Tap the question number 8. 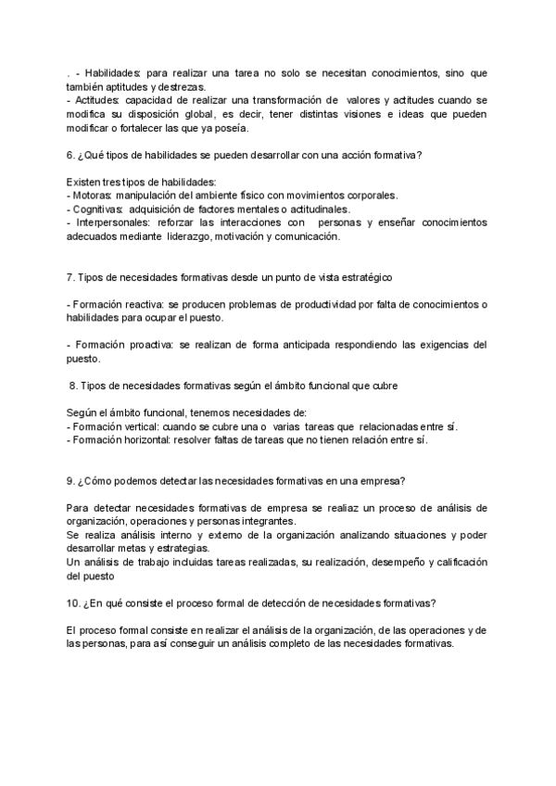(74, 385)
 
